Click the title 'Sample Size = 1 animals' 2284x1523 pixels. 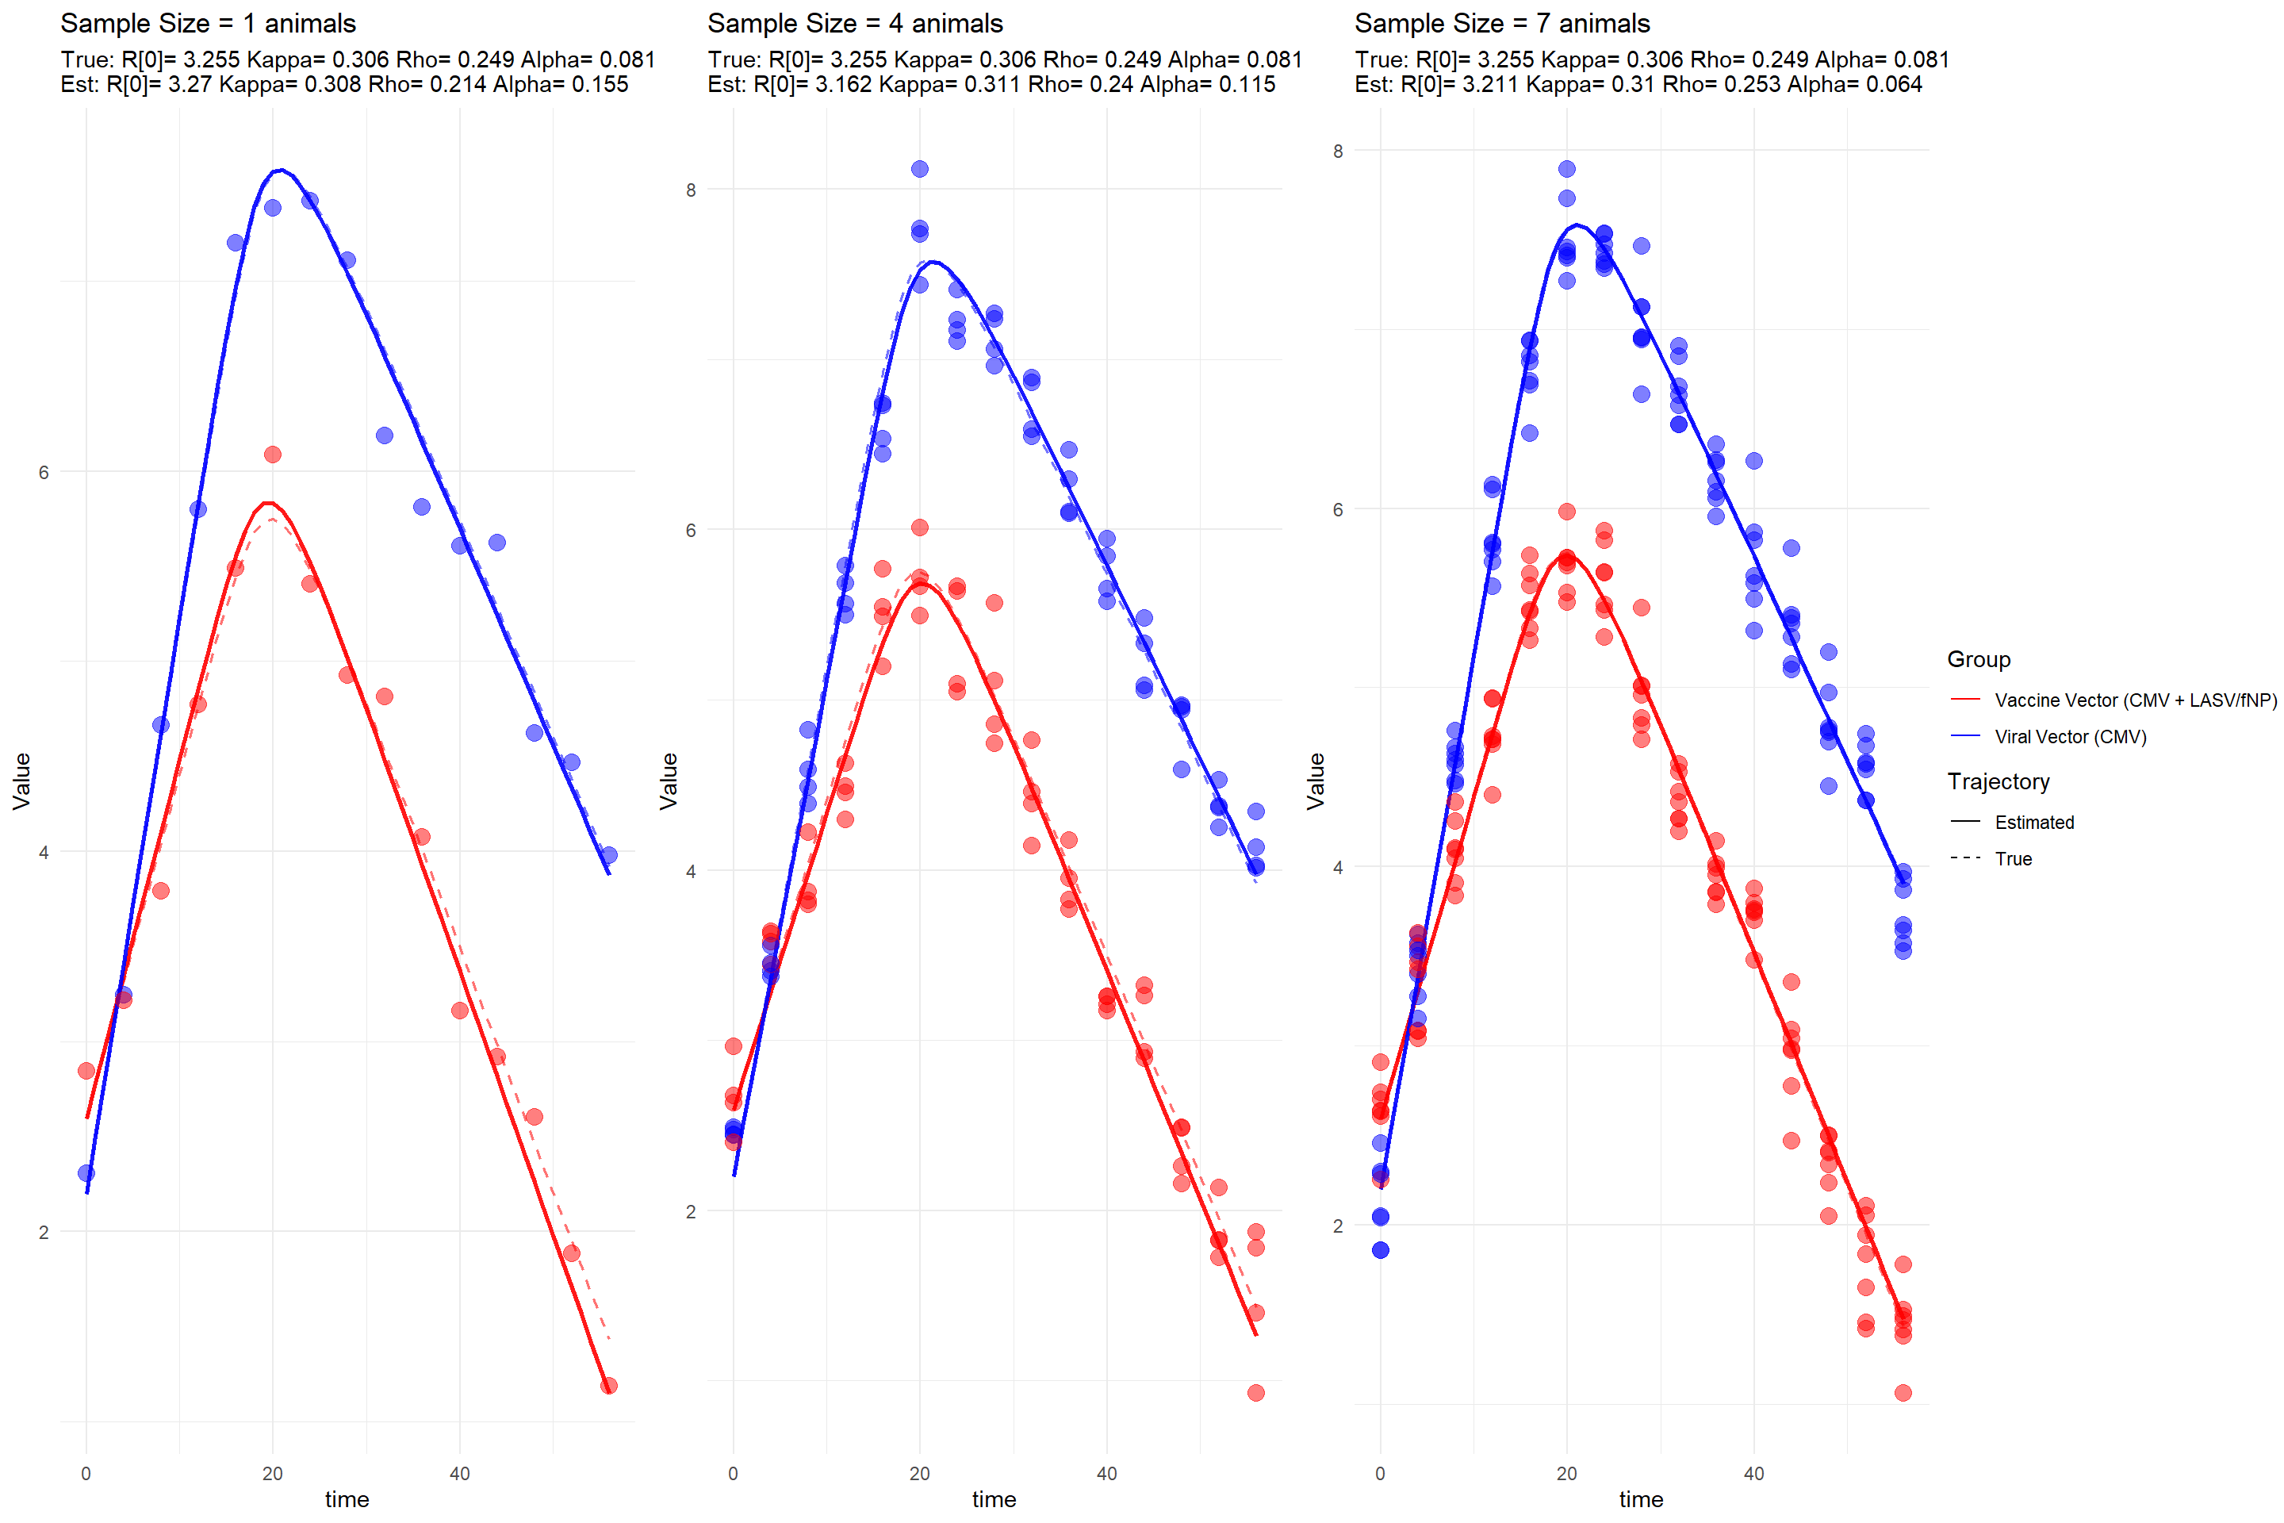[208, 23]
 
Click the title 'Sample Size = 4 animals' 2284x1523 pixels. [855, 23]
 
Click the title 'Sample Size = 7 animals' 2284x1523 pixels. [1501, 23]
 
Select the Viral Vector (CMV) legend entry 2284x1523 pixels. [2069, 737]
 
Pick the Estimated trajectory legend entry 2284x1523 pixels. [2033, 823]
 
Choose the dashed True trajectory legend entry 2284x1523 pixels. [2012, 858]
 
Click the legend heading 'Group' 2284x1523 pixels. [1978, 659]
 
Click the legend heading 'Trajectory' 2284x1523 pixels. [1998, 782]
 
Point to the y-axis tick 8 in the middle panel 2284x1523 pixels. [691, 190]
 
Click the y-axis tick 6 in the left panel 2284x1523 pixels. [43, 473]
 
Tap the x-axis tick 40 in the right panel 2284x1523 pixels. [1753, 1474]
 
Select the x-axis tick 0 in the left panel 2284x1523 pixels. [86, 1474]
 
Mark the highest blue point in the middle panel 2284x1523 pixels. [920, 169]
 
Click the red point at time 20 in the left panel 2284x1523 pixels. [273, 455]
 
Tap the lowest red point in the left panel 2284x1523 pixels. [609, 1386]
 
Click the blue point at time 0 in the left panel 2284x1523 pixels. [86, 1173]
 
